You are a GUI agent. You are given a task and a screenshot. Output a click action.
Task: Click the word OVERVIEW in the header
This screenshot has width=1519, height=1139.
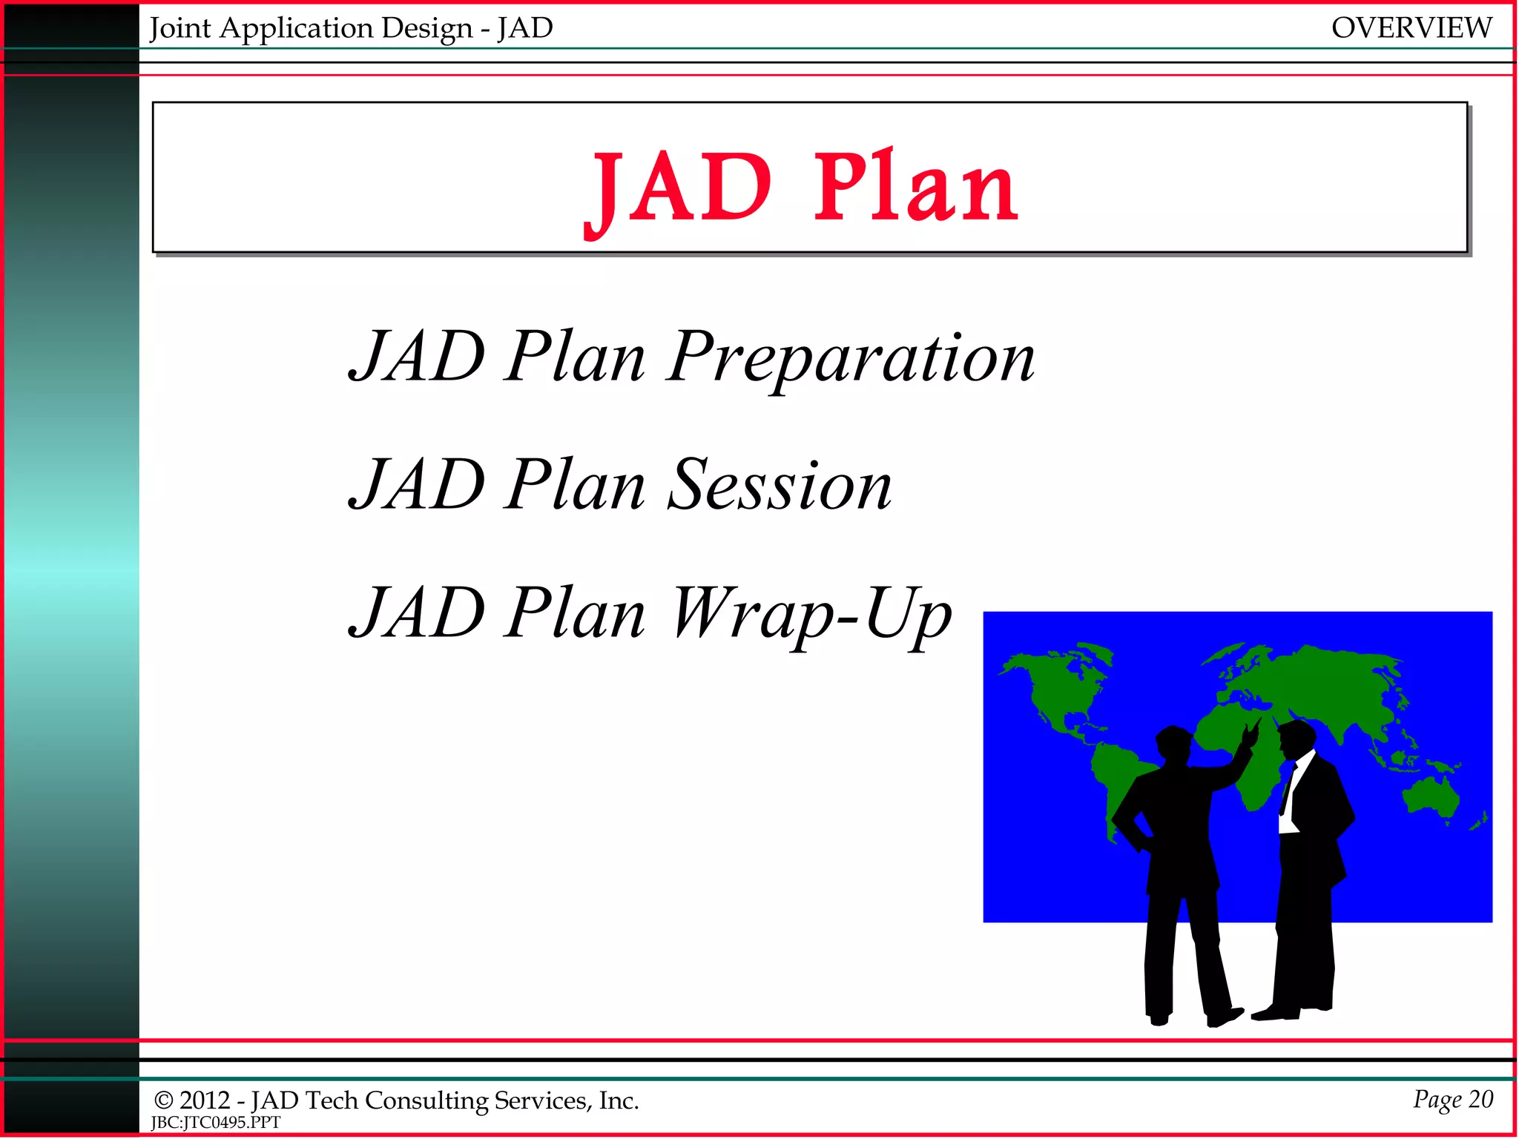[x=1411, y=28]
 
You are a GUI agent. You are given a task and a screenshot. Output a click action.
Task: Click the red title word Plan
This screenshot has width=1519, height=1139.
[x=916, y=187]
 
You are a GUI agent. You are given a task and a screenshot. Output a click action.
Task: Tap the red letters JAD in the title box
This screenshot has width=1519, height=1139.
[x=679, y=187]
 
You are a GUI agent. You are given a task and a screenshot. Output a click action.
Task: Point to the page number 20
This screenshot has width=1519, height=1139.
[x=1480, y=1098]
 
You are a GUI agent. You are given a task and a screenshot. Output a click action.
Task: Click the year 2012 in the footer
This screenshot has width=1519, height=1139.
[x=205, y=1100]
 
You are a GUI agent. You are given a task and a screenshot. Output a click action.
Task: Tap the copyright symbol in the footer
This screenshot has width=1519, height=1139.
[x=163, y=1100]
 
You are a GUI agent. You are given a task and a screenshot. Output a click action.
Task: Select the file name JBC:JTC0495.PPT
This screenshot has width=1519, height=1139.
[x=216, y=1123]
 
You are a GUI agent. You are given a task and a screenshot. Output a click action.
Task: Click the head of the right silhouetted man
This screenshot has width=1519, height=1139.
[x=1296, y=737]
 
